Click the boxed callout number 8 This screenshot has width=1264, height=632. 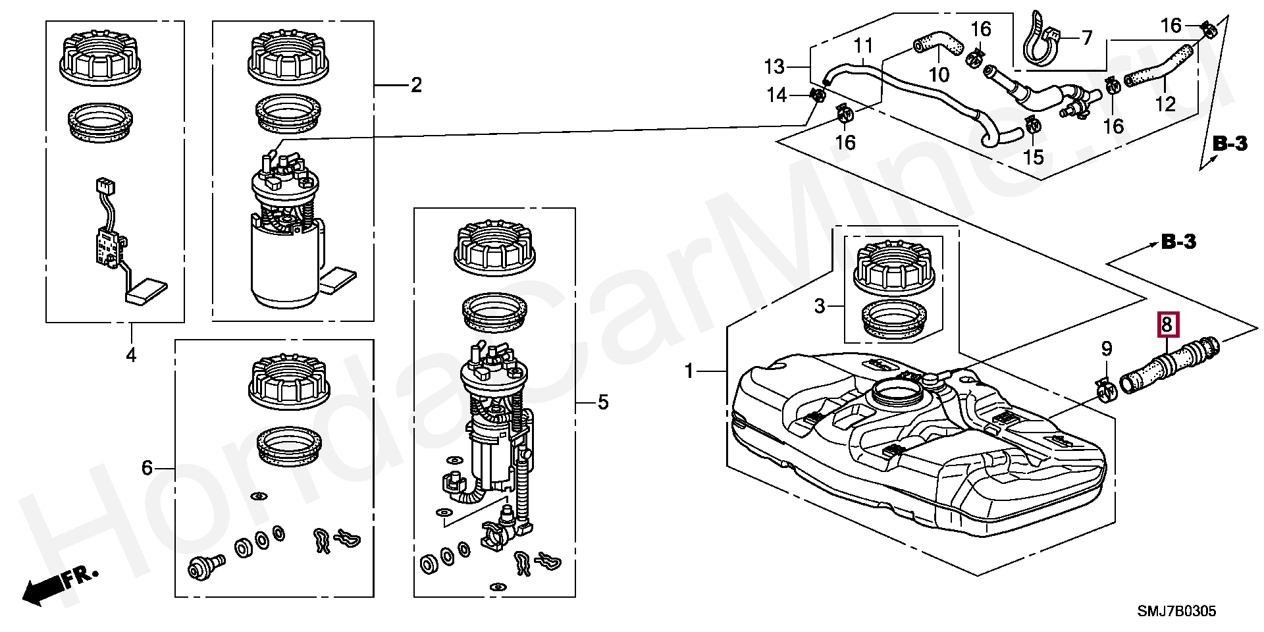click(1167, 324)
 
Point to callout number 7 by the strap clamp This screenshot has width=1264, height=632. click(1086, 38)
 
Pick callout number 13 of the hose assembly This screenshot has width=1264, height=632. click(774, 66)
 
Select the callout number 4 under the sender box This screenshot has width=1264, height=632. click(131, 355)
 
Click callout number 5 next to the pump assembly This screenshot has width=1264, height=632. click(603, 402)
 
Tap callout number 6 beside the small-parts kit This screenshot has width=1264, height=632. click(147, 468)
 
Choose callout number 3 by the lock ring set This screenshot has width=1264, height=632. click(819, 306)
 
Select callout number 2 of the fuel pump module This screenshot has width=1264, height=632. click(416, 85)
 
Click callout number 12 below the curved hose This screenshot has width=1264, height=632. click(1165, 104)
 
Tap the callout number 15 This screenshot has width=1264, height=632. click(1034, 156)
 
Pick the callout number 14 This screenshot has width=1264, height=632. click(777, 96)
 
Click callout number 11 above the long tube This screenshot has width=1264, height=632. click(863, 45)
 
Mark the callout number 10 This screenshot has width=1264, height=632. click(939, 74)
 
